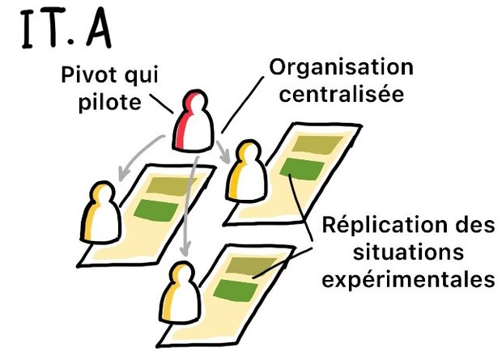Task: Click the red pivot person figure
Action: pos(197,125)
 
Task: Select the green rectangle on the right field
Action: pos(301,169)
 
